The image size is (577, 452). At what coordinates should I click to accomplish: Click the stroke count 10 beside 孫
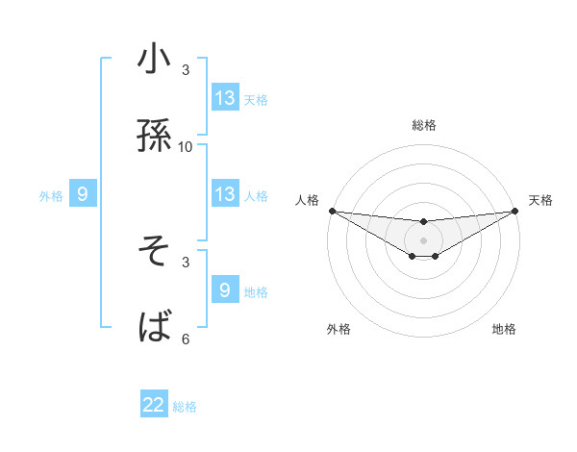pos(186,146)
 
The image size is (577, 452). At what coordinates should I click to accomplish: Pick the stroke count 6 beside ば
pos(186,339)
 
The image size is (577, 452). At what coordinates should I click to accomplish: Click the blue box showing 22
pos(155,405)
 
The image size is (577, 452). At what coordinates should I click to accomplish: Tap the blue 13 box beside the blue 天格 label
pos(225,98)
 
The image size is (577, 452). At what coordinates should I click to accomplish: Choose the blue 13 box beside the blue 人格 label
pos(225,195)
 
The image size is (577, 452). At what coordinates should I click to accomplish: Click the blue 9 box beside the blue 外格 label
pos(83,195)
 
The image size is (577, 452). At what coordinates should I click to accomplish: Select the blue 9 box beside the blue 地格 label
pos(225,290)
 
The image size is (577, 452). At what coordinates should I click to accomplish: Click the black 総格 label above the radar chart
pos(423,125)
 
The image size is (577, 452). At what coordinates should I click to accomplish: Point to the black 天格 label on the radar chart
pos(540,200)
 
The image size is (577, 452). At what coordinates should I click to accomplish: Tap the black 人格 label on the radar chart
pos(307,200)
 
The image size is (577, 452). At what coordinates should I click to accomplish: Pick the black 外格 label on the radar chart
pos(339,330)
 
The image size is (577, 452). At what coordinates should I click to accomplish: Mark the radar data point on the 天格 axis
pos(514,211)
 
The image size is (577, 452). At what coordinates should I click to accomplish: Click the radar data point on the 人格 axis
pos(332,211)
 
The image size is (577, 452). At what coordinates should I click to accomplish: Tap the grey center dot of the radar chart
pos(423,240)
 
